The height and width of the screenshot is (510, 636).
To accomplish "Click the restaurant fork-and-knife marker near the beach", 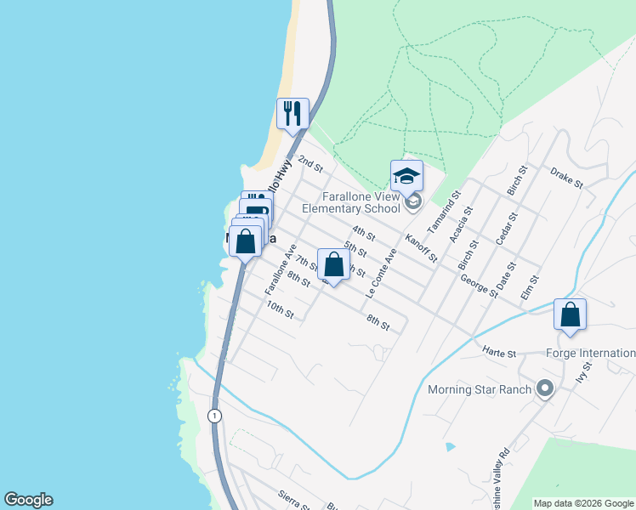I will [292, 114].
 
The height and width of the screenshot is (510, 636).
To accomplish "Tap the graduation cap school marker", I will [406, 176].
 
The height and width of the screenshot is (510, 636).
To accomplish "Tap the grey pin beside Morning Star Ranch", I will [545, 390].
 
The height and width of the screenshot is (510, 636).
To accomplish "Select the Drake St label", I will [566, 178].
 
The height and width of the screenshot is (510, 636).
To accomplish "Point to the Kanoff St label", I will [421, 247].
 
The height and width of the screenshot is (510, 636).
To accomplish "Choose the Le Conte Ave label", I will [380, 272].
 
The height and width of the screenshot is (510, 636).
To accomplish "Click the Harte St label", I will [499, 352].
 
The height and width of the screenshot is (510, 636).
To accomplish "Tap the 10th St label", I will [280, 309].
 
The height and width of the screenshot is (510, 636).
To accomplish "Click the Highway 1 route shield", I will [213, 415].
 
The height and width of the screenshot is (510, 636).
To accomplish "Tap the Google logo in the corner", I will [28, 500].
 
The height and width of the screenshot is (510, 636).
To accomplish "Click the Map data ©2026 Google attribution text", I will [583, 503].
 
